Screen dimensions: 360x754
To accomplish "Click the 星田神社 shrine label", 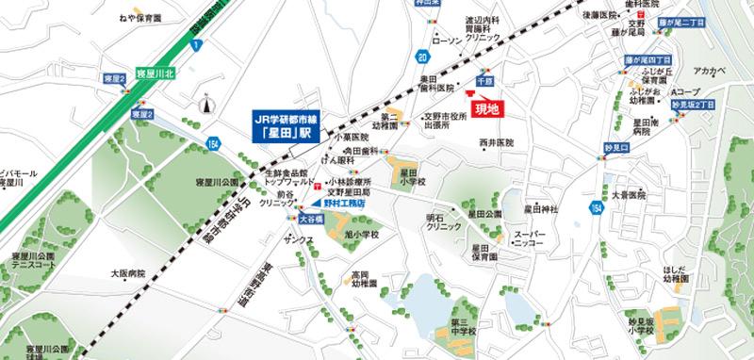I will point(541,207).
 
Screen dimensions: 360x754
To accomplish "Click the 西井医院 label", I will point(497,142).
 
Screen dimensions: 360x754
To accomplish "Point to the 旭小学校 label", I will point(358,234).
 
